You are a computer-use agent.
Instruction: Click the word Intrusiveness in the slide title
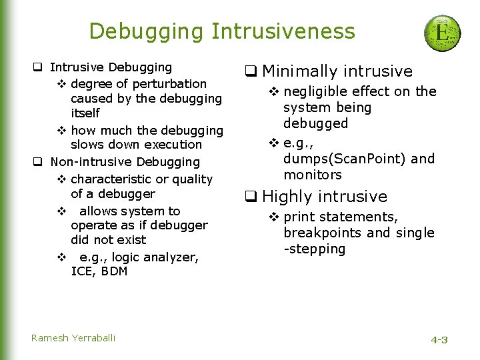point(283,31)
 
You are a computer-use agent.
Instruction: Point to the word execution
point(172,145)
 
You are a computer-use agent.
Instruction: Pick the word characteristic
point(111,179)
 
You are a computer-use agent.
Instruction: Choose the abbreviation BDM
point(115,271)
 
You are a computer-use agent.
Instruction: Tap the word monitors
point(312,175)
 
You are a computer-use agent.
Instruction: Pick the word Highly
point(288,197)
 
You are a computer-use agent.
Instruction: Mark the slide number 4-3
point(439,340)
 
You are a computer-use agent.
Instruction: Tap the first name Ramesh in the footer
point(46,338)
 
